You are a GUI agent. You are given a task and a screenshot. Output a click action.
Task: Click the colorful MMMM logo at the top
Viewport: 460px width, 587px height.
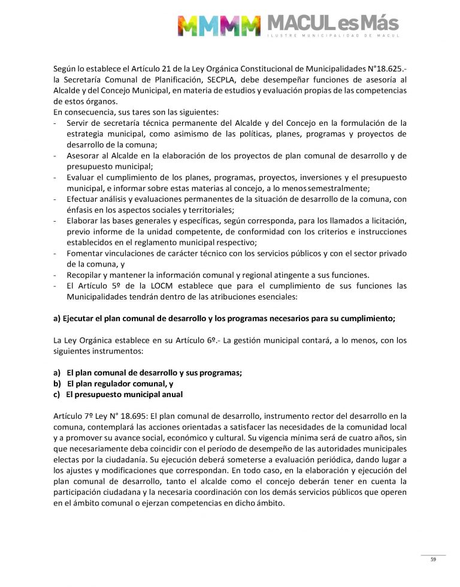pyautogui.click(x=219, y=25)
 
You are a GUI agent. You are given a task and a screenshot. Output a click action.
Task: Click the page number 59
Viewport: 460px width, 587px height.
pyautogui.click(x=433, y=559)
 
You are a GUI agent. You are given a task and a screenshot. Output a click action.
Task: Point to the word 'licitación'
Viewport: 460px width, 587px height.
pyautogui.click(x=384, y=220)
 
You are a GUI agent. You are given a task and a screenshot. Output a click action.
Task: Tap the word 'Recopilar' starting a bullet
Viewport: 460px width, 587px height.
pyautogui.click(x=87, y=275)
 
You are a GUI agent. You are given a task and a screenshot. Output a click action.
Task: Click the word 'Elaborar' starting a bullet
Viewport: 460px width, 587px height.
pyautogui.click(x=86, y=220)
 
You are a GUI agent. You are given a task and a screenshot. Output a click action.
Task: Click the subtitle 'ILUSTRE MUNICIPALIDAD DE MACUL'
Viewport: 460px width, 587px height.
pyautogui.click(x=332, y=37)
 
